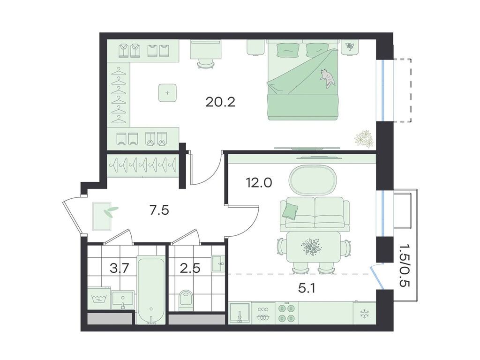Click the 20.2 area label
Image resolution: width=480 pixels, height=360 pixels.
220,102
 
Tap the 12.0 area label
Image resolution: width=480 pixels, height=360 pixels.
259,183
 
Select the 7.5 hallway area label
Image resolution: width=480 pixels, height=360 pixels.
159,210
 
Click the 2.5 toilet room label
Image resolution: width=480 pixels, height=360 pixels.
190,269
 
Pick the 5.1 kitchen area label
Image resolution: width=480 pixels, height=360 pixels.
307,288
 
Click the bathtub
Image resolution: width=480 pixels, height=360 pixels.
150,290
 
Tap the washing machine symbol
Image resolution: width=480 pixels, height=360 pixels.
99,299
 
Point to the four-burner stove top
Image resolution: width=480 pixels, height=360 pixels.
287,313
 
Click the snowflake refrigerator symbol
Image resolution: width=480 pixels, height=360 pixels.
364,313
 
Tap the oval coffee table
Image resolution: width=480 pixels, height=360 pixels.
313,180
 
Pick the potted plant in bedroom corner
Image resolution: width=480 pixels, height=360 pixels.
364,138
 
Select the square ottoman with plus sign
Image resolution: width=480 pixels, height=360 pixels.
167,93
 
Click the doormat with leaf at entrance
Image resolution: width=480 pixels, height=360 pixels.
102,216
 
